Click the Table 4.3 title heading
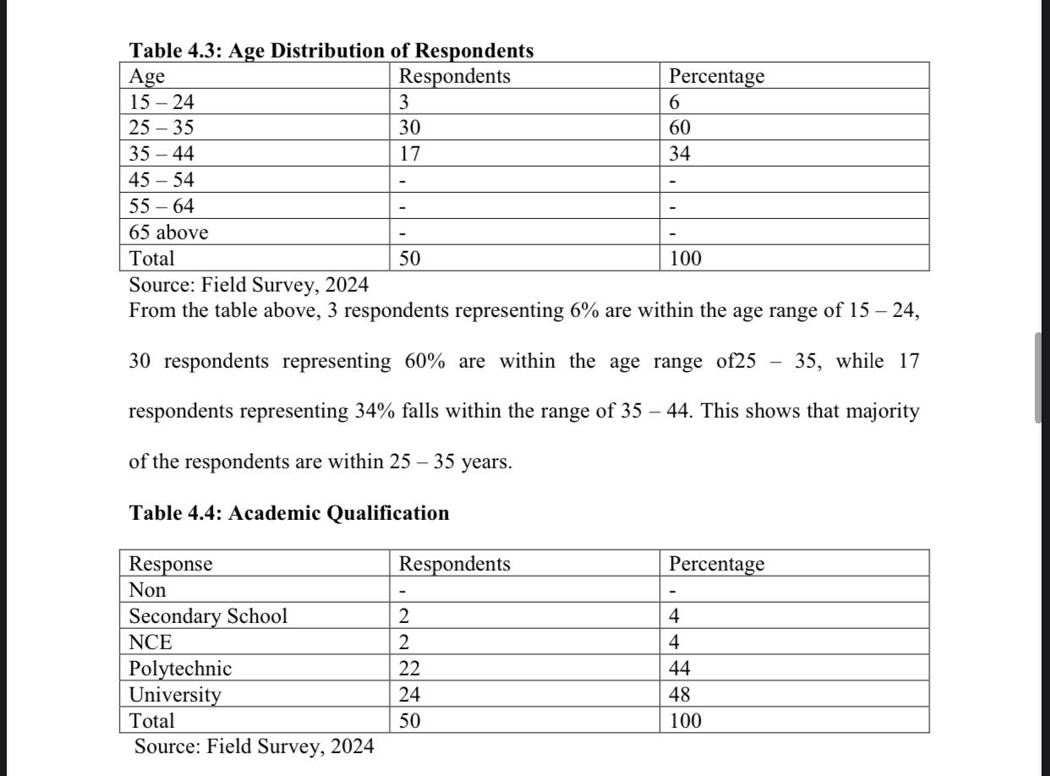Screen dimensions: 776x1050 331,51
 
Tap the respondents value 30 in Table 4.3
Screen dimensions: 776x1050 410,128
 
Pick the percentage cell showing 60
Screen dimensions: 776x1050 680,128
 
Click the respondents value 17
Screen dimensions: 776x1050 410,155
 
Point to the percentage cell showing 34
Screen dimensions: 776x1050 680,155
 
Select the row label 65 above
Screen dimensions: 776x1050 168,232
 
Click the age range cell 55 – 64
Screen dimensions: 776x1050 161,206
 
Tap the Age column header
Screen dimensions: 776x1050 147,76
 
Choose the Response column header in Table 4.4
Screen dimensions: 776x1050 171,564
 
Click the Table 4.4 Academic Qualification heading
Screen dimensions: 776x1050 289,513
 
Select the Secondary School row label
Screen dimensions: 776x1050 208,616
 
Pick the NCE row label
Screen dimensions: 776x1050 150,642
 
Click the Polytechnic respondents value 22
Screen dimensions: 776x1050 410,669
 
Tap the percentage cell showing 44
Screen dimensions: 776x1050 680,669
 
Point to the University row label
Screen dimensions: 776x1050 175,695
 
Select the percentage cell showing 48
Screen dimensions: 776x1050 680,695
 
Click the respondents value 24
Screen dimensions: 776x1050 410,695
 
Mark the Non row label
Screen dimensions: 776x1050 147,590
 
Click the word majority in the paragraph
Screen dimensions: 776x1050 881,413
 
